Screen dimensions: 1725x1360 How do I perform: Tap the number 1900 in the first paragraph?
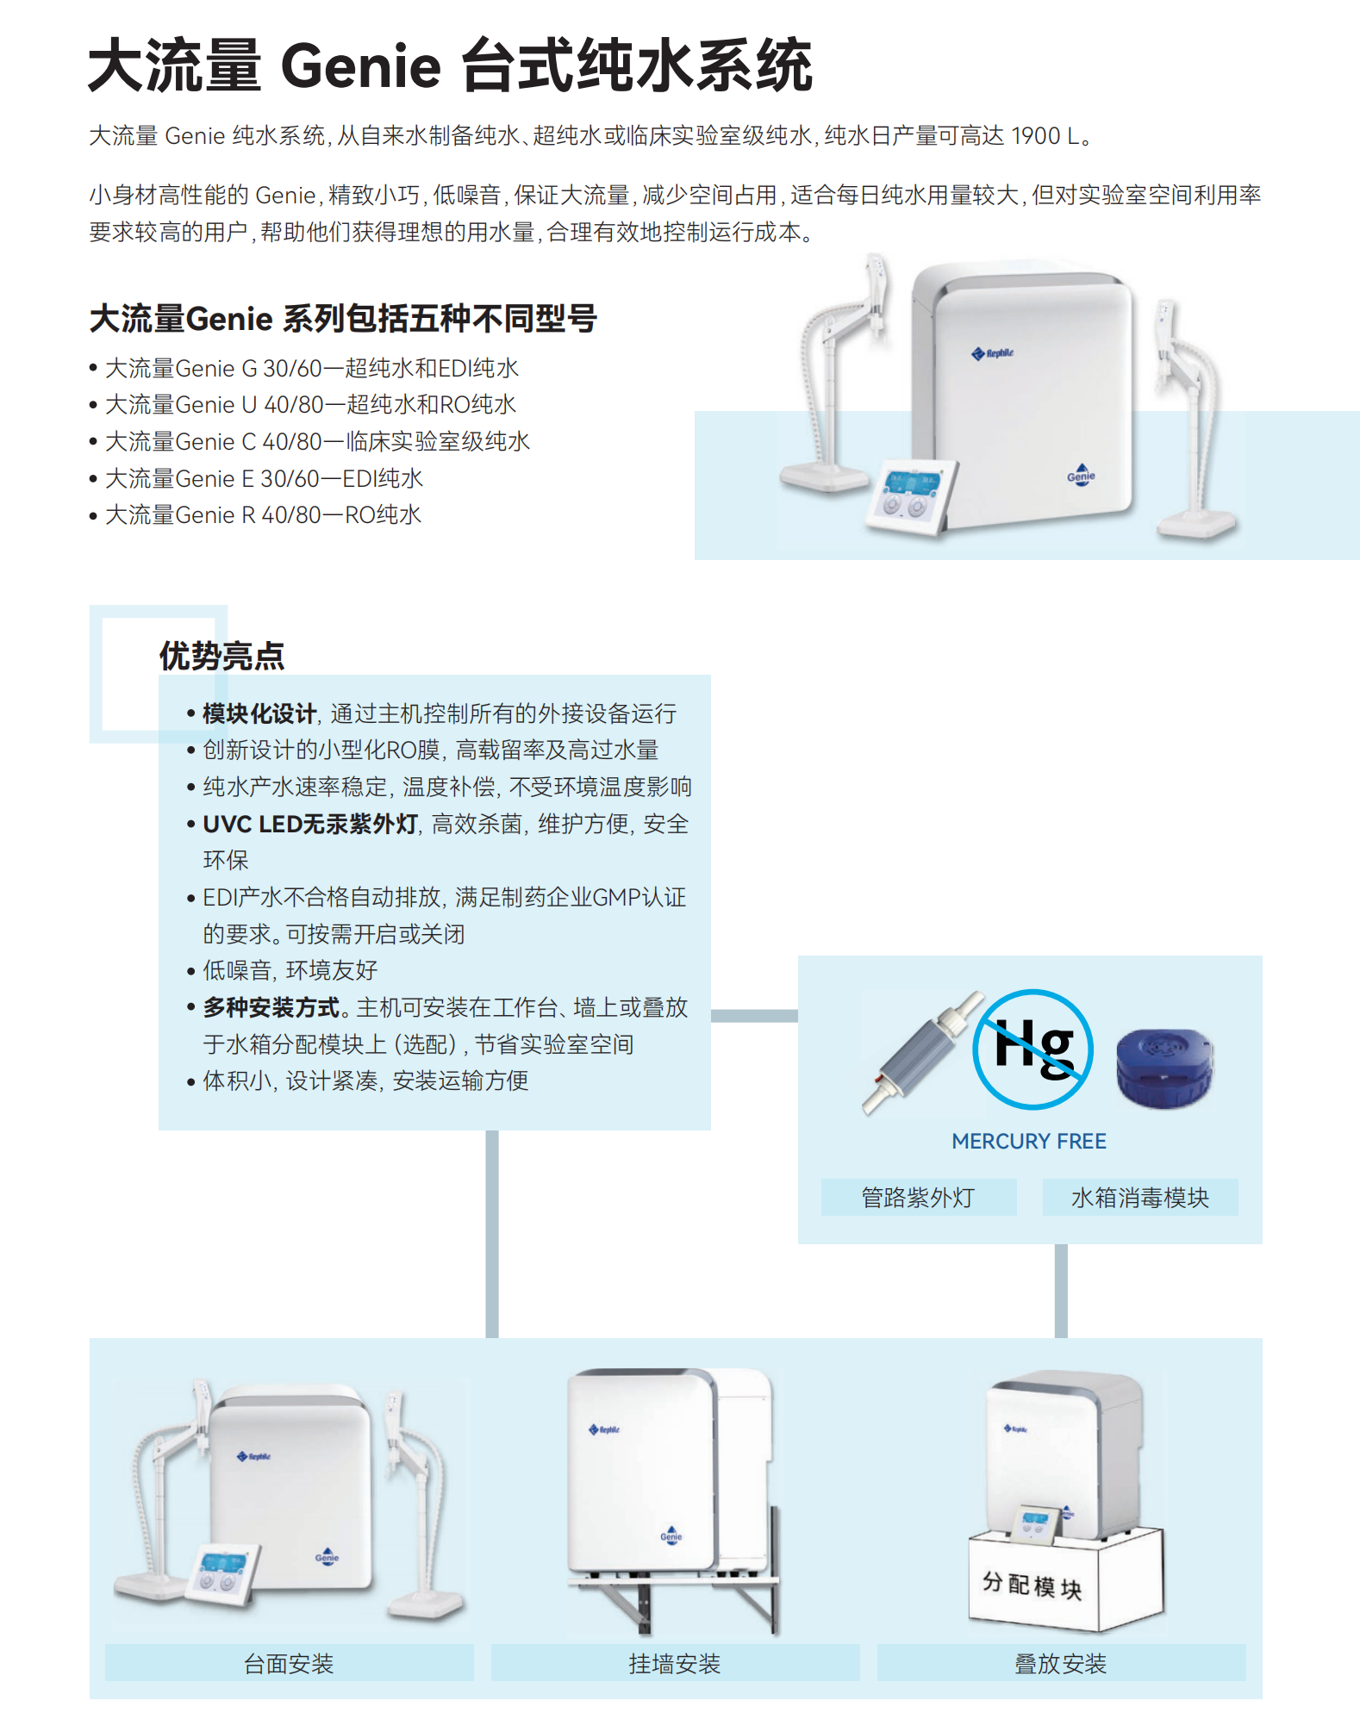coord(1035,136)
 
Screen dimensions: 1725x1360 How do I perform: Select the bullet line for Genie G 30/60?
coord(311,369)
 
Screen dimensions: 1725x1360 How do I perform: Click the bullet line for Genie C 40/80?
coord(316,442)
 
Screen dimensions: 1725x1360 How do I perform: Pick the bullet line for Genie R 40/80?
coord(262,515)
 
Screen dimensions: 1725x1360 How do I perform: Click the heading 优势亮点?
coord(221,657)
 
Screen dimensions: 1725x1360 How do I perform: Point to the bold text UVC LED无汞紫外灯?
coord(310,825)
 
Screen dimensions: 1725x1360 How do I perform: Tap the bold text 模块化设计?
coord(259,714)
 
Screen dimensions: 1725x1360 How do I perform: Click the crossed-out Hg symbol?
coord(1032,1049)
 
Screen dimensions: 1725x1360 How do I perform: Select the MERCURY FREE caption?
coord(1028,1142)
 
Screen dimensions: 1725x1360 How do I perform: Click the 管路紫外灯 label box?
coord(918,1198)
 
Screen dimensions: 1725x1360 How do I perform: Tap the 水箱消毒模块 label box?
coord(1139,1198)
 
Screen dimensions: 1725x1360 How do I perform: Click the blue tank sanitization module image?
coord(1164,1068)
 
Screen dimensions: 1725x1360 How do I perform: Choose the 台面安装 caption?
coord(289,1663)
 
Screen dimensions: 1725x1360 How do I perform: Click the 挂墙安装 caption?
coord(675,1663)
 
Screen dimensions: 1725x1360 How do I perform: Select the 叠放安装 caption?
coord(1060,1663)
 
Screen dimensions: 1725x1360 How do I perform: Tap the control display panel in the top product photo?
coord(910,497)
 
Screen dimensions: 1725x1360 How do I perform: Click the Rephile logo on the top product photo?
coord(993,353)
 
